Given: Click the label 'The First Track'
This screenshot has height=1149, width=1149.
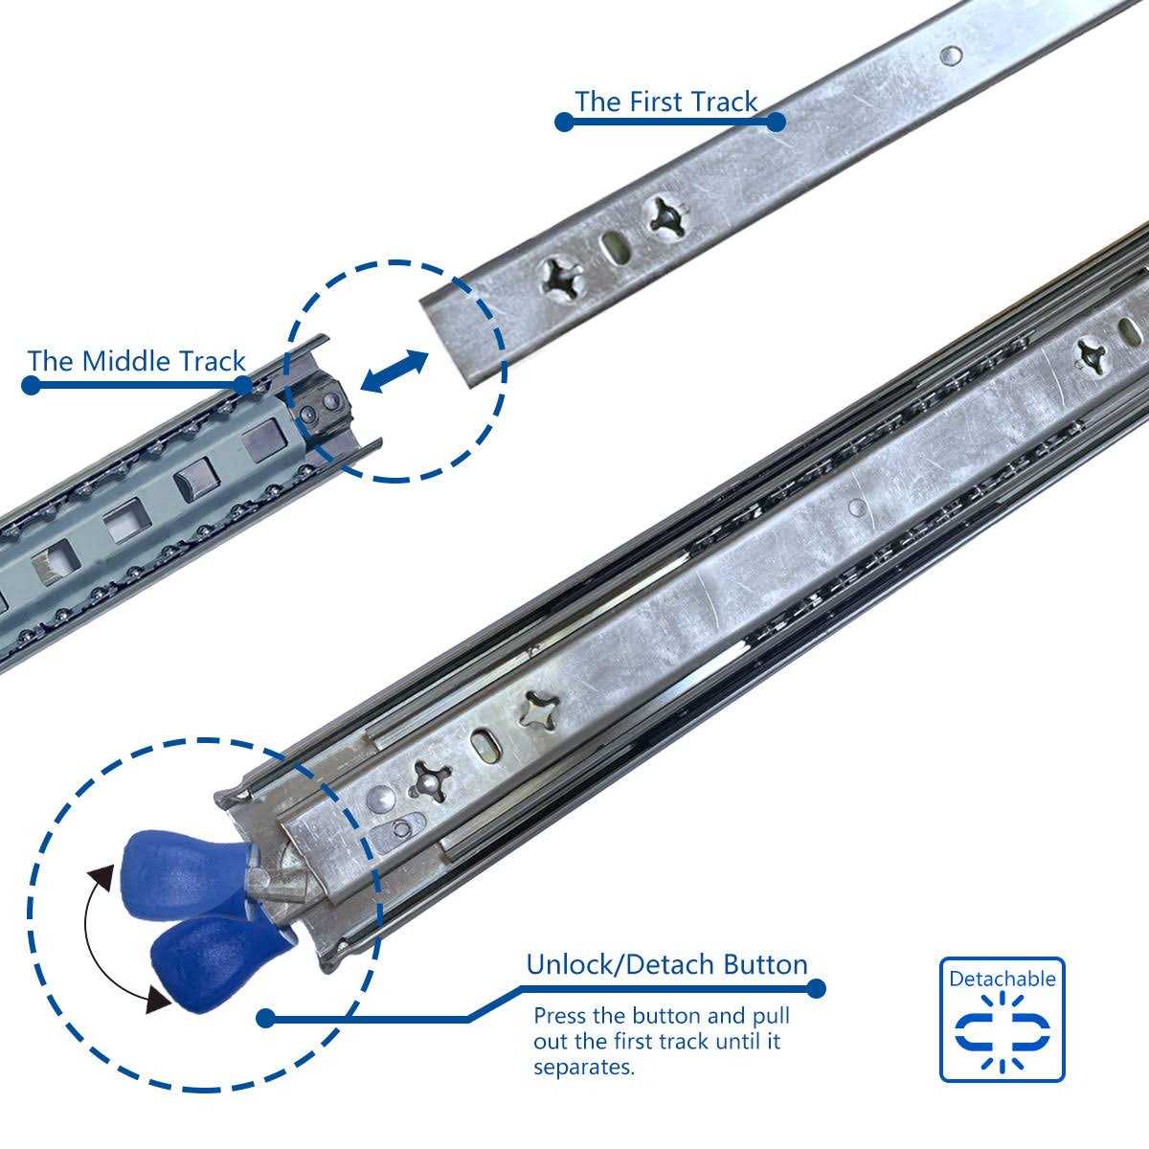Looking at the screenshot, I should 665,101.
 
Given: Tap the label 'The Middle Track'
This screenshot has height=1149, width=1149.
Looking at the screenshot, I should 137,361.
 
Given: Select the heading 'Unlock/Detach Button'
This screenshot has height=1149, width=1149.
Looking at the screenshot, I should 666,963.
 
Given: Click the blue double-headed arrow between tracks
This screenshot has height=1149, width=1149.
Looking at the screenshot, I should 394,371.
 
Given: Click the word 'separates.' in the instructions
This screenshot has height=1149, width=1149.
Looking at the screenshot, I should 584,1066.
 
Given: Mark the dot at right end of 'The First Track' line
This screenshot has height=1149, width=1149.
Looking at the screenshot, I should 776,122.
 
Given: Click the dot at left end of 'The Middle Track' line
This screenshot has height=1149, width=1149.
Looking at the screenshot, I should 31,385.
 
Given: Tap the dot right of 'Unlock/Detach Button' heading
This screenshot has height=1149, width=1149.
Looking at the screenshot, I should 816,987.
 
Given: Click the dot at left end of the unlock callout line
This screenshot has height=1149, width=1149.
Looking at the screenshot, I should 266,1019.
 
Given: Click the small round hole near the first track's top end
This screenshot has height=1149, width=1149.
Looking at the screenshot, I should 949,56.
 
